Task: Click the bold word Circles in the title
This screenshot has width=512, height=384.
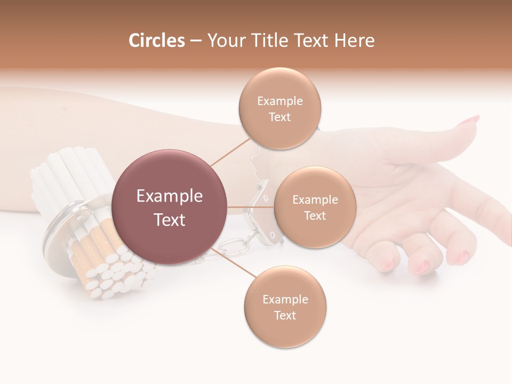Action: [156, 41]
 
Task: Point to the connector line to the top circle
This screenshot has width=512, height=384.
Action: [230, 151]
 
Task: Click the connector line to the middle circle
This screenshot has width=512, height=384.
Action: [251, 207]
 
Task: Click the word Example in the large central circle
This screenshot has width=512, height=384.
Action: [169, 196]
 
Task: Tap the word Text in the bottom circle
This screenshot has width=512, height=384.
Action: [285, 315]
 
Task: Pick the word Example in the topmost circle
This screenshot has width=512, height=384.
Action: [280, 101]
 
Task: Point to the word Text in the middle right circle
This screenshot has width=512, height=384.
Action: [315, 215]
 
